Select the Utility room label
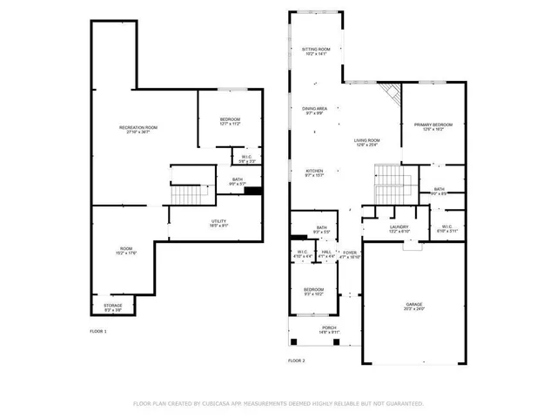pyautogui.click(x=218, y=223)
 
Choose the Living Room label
pyautogui.click(x=366, y=142)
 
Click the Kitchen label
pyautogui.click(x=314, y=172)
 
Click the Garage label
pyautogui.click(x=413, y=306)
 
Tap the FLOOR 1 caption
pyautogui.click(x=98, y=332)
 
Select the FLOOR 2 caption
pyautogui.click(x=297, y=360)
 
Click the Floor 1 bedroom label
pyautogui.click(x=230, y=121)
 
